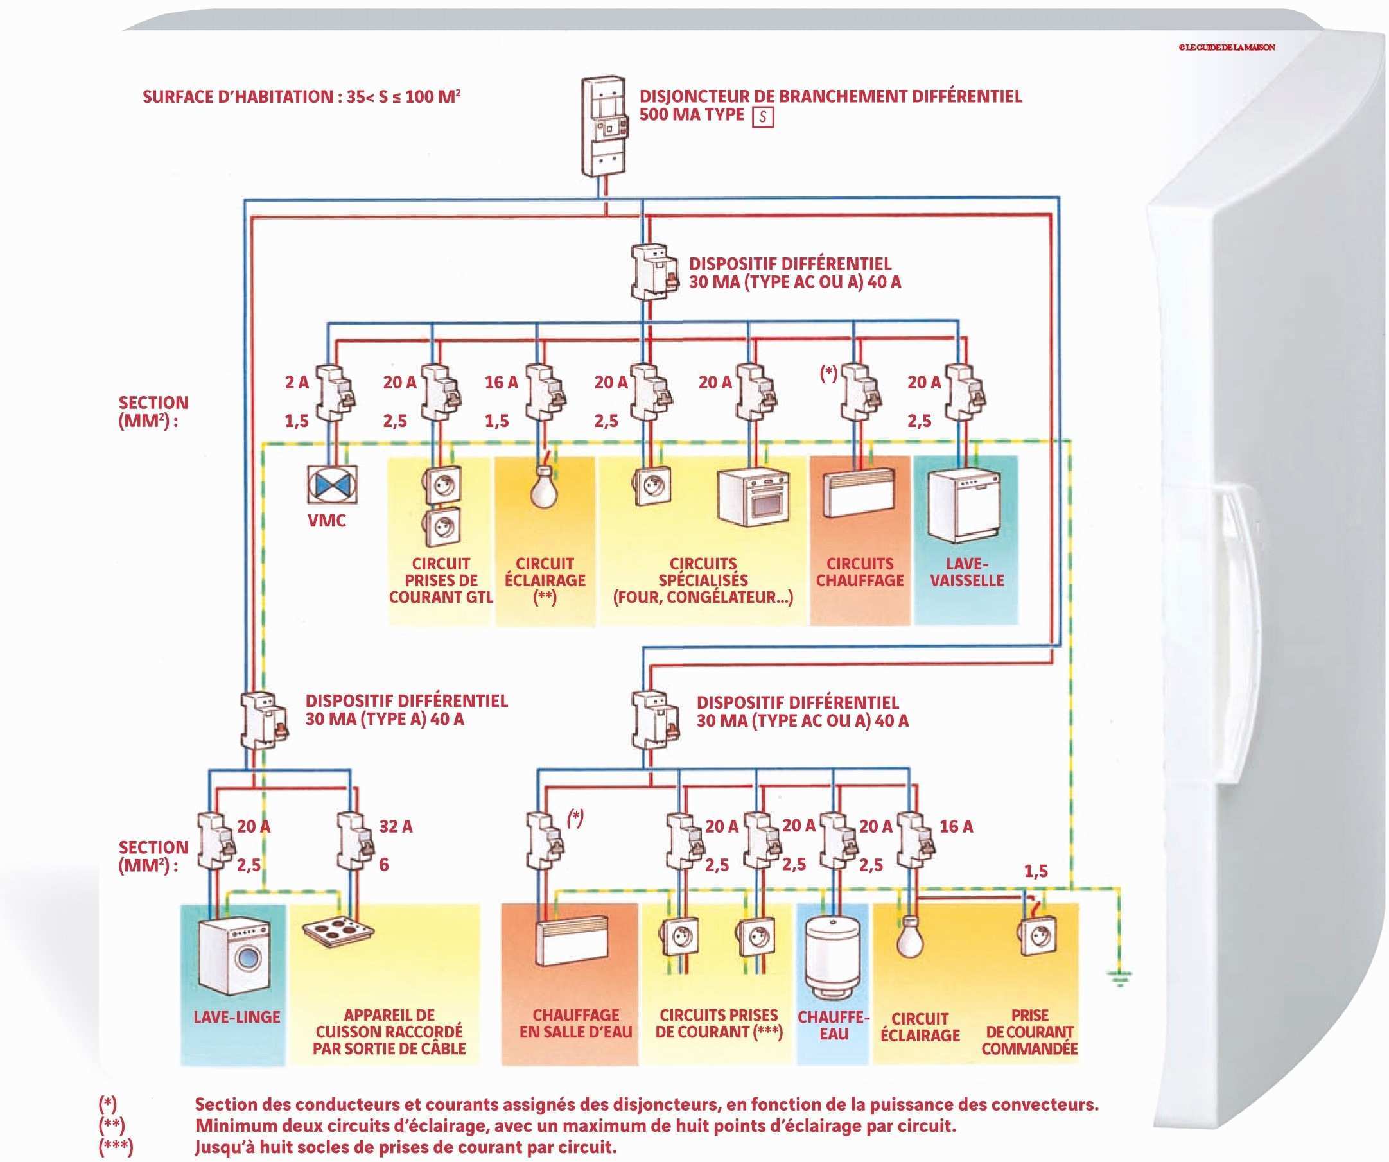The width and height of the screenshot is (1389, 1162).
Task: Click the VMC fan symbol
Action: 332,483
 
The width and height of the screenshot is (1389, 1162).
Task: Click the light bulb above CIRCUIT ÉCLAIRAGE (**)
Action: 544,484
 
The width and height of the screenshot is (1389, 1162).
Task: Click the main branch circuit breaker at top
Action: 603,127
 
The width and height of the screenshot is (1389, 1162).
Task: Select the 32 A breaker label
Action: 396,826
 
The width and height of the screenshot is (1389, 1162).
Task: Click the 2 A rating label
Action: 297,382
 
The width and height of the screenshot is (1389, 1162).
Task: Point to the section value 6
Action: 383,864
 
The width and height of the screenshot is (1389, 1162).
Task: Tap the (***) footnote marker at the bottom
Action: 116,1147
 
